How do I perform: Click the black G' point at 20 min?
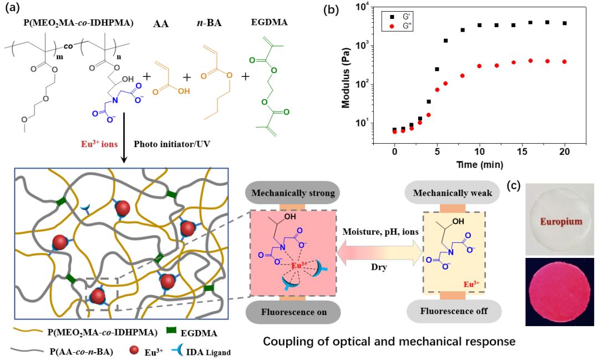coord(565,23)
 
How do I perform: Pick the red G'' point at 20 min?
coord(565,62)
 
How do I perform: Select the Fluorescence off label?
coord(454,311)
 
